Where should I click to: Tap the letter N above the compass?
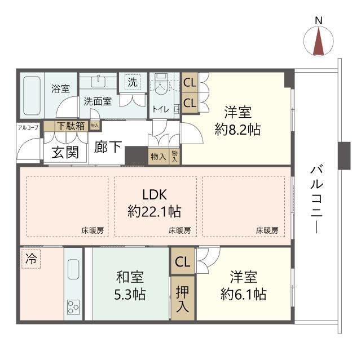[x=319, y=21]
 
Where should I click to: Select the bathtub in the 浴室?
[x=32, y=96]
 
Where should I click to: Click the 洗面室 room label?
[x=98, y=101]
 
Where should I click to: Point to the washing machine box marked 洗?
[x=133, y=82]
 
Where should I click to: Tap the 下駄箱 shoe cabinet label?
[x=71, y=126]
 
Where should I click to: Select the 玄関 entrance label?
[x=65, y=152]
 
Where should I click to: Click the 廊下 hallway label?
[x=108, y=146]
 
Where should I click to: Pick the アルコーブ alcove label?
[x=28, y=127]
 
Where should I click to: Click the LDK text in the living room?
[x=155, y=195]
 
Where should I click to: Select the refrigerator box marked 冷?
[x=31, y=259]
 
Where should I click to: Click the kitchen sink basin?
[x=73, y=269]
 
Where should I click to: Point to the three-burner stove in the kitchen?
[x=73, y=307]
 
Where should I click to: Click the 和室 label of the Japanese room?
[x=130, y=277]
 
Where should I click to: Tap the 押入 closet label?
[x=182, y=299]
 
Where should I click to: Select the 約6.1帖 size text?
[x=244, y=294]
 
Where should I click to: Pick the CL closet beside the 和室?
[x=183, y=261]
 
